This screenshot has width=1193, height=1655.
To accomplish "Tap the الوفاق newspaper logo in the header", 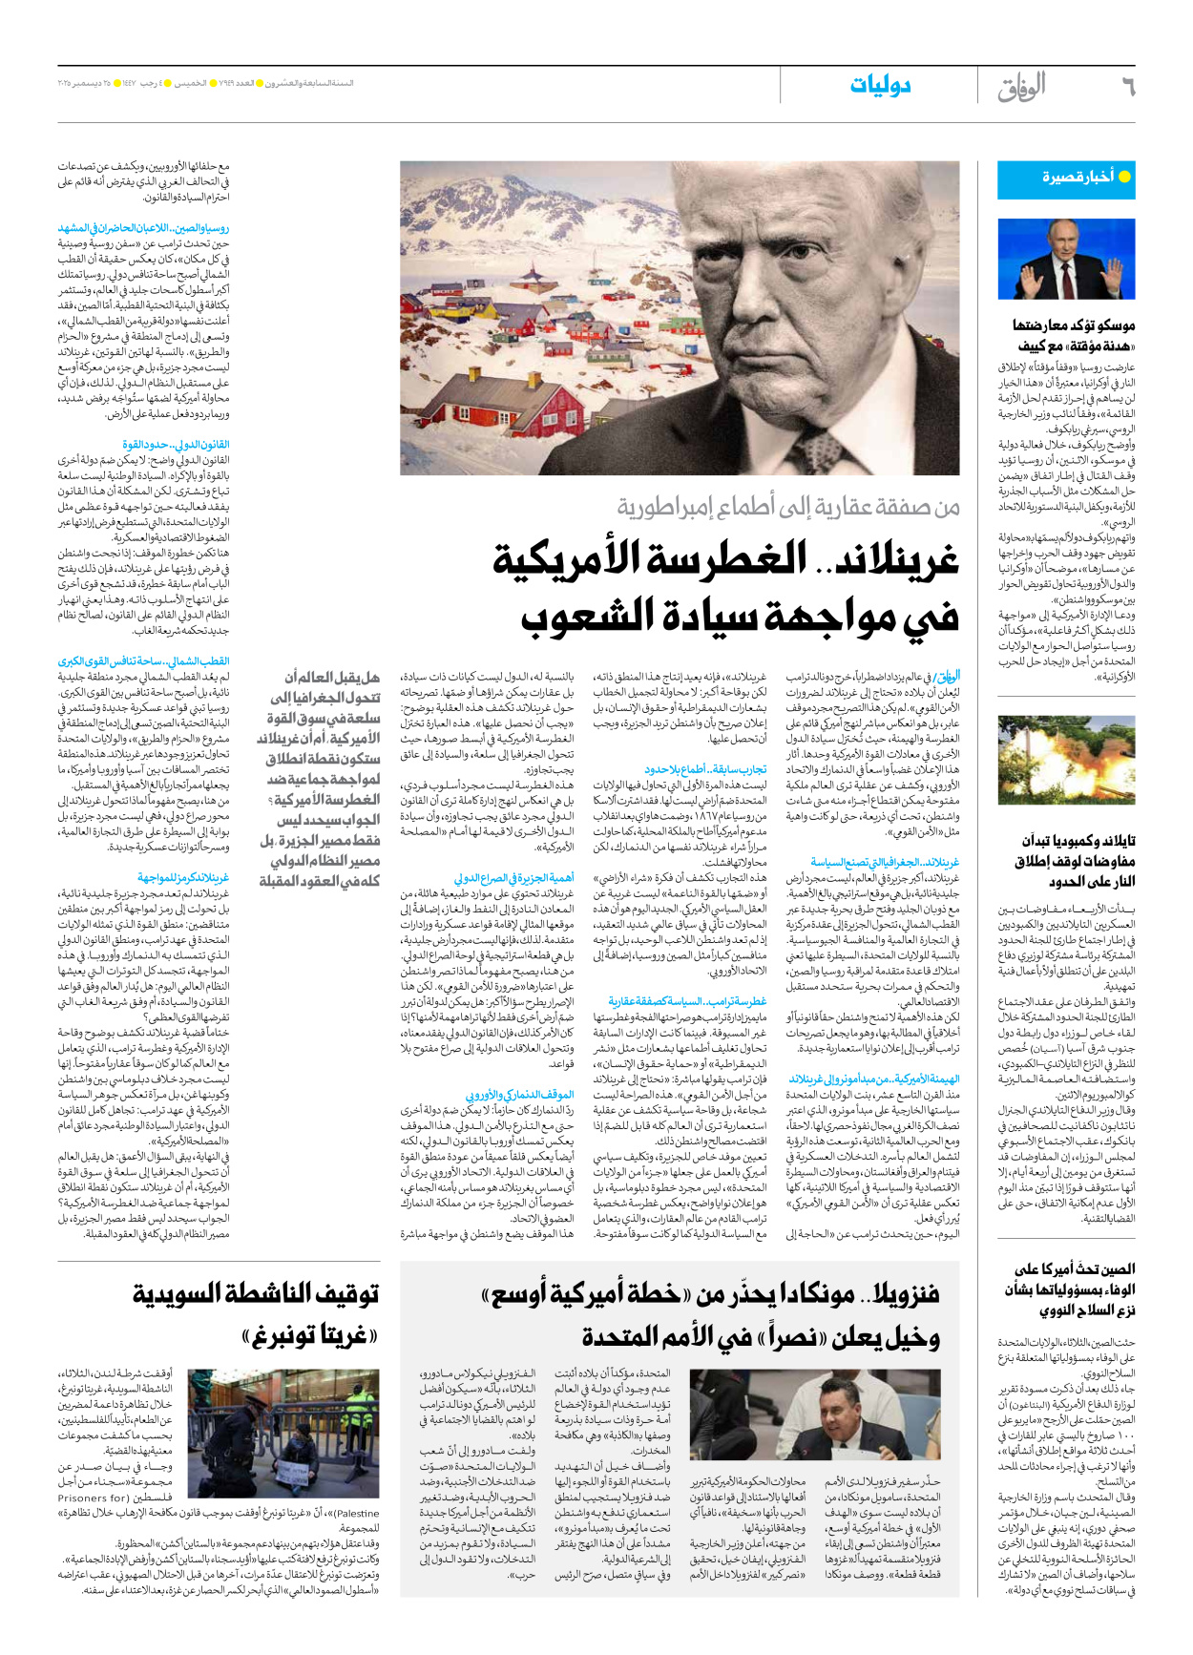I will pyautogui.click(x=1021, y=87).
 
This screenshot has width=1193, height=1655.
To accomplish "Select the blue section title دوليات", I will pyautogui.click(x=880, y=86).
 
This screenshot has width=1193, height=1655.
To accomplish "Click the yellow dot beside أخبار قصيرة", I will pyautogui.click(x=1124, y=178).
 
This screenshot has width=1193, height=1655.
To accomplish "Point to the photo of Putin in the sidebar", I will pyautogui.click(x=1066, y=260).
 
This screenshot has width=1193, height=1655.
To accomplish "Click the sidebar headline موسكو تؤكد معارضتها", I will pyautogui.click(x=1074, y=325).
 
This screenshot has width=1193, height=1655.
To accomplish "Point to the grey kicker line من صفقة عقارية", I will pyautogui.click(x=787, y=507).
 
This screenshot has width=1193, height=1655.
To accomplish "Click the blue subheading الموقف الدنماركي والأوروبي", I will pyautogui.click(x=519, y=1095).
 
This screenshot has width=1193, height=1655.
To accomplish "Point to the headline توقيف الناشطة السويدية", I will pyautogui.click(x=256, y=1294).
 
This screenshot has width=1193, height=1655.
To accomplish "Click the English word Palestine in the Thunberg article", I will pyautogui.click(x=358, y=1513).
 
